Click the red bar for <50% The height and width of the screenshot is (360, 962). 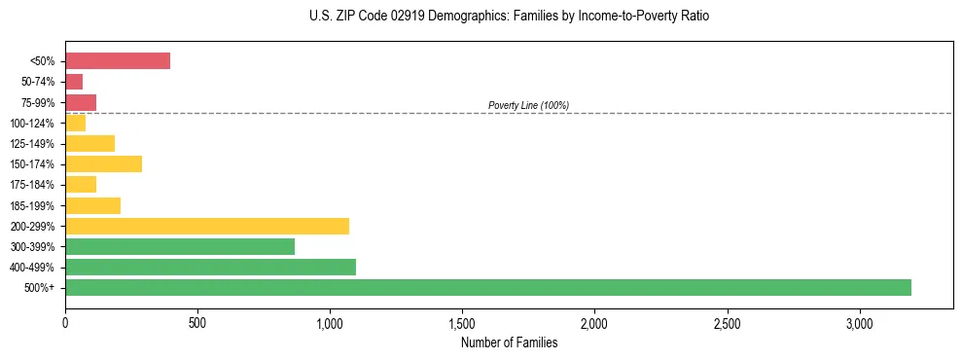coord(118,61)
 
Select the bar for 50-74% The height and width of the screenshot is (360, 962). coord(74,82)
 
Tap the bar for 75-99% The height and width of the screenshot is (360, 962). coord(81,102)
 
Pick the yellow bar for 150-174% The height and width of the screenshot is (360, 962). coord(103,163)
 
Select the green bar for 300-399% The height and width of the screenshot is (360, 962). coord(180,246)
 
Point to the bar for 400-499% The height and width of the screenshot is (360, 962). coord(210,267)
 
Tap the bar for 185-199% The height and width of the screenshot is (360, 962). coord(92,205)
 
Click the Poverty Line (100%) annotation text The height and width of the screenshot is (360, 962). coord(528,105)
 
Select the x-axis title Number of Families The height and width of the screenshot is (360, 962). coord(509,342)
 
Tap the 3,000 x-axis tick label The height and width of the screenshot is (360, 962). coord(859,322)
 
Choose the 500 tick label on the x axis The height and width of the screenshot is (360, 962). coord(197,322)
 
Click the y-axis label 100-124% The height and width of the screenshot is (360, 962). coord(32,123)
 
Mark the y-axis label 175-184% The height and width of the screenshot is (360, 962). coord(32,185)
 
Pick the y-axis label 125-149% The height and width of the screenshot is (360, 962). coord(32,144)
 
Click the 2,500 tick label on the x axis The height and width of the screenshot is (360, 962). coord(727,322)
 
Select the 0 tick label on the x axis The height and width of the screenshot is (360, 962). coord(65,322)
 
